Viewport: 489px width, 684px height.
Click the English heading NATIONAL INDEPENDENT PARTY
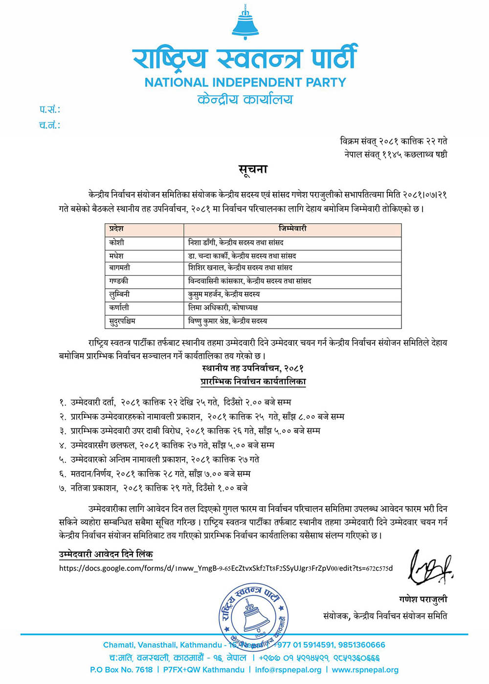coord(245,82)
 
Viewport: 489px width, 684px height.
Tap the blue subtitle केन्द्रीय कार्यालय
coord(245,100)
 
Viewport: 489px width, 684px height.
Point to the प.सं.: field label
coord(50,109)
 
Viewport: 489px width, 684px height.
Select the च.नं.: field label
coord(50,125)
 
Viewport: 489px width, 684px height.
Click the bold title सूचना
coord(253,170)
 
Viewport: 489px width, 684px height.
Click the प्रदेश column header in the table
coord(117,229)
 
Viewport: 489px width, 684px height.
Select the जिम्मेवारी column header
coord(292,229)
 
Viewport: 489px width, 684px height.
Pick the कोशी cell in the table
coord(117,242)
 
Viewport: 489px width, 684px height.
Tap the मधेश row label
coord(117,256)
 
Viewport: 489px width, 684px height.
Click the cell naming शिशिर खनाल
coord(240,268)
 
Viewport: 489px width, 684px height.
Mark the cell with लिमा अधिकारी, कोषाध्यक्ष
coord(223,307)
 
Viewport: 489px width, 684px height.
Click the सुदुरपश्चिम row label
coord(122,321)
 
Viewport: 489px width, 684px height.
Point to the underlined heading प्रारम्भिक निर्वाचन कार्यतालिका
coord(253,381)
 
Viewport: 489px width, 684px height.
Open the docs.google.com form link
coord(225,568)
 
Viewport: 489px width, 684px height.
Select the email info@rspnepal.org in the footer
coord(288,670)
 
